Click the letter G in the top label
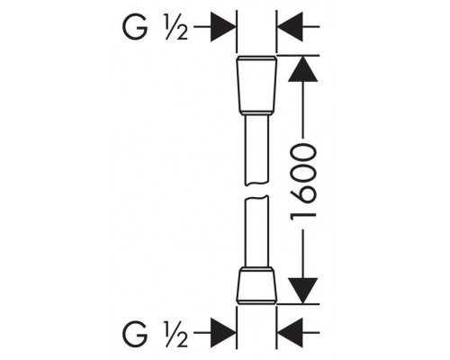[135, 27]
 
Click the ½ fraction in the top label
[175, 27]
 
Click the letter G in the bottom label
[135, 333]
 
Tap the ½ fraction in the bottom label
[175, 334]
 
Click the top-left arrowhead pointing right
[222, 27]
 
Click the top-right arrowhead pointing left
[290, 27]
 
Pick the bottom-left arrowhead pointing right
[222, 333]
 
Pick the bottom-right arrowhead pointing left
[290, 333]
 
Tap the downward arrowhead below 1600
[302, 291]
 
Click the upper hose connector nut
[256, 85]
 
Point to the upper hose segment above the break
[256, 149]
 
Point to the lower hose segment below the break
[256, 231]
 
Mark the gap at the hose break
[256, 190]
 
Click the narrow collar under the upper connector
[256, 114]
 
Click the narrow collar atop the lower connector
[256, 269]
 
